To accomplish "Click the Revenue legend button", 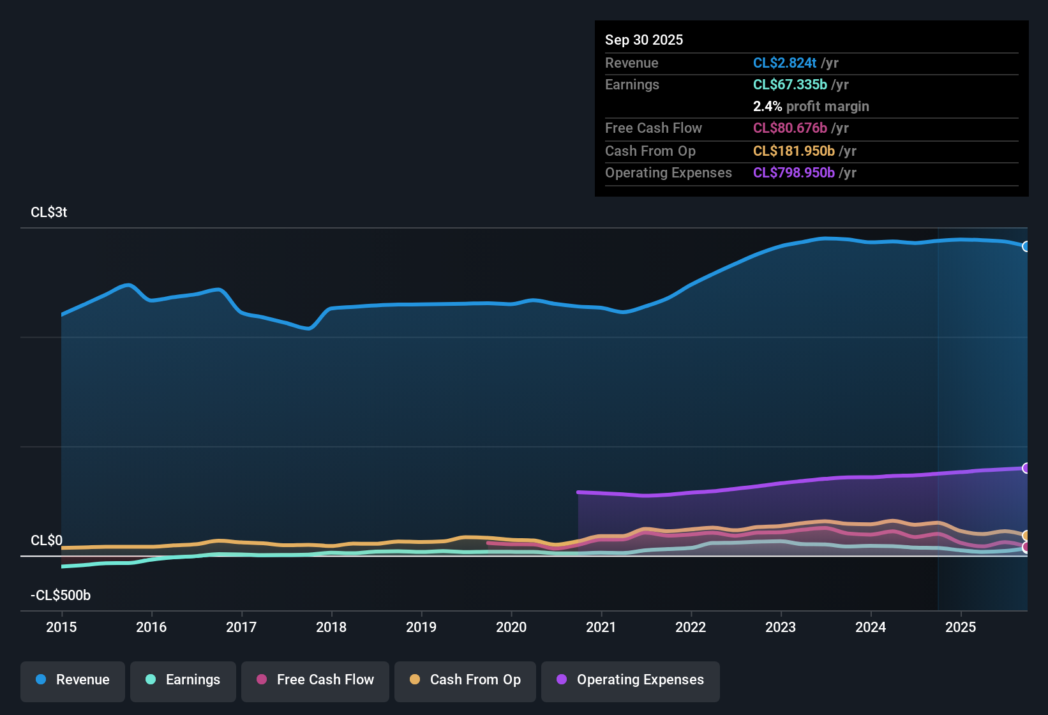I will click(x=73, y=680).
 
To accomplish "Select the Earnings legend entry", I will click(x=183, y=680).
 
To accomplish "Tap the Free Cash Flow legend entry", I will click(x=315, y=680).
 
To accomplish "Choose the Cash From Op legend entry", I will click(x=465, y=680).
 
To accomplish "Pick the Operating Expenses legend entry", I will click(x=631, y=680).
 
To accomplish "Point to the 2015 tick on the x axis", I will click(x=61, y=627).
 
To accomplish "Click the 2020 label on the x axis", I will click(x=511, y=627).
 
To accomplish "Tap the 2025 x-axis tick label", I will click(x=961, y=627).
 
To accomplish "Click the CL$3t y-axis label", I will click(x=49, y=213).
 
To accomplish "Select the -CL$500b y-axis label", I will click(x=61, y=596).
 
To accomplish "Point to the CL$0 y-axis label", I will click(x=47, y=541).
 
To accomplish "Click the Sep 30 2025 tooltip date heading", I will click(x=643, y=40).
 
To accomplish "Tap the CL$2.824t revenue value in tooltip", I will click(x=784, y=63).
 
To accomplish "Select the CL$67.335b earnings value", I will click(x=790, y=84).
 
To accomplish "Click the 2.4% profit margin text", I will click(x=811, y=106).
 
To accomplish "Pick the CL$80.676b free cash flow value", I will click(x=790, y=128).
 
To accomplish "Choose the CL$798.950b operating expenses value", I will click(x=793, y=172).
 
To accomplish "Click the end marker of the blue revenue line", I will click(x=1026, y=246).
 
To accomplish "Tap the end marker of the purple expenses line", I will click(x=1026, y=468).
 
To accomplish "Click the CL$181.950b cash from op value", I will click(x=793, y=151).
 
